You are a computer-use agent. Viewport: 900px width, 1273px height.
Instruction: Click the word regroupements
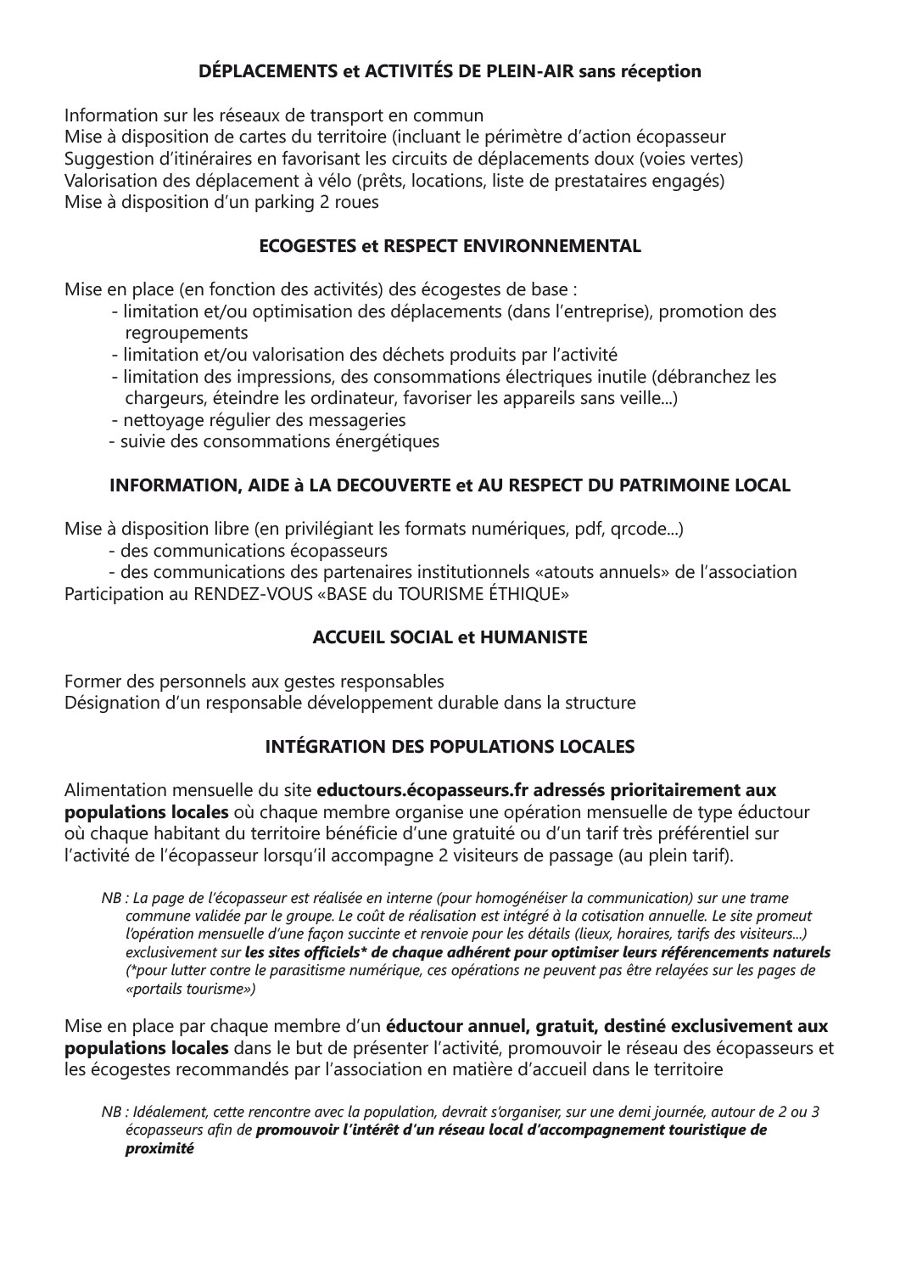pyautogui.click(x=187, y=333)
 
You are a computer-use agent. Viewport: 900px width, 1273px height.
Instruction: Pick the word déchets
pyautogui.click(x=407, y=355)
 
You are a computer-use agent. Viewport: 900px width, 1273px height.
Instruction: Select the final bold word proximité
pyautogui.click(x=159, y=1149)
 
